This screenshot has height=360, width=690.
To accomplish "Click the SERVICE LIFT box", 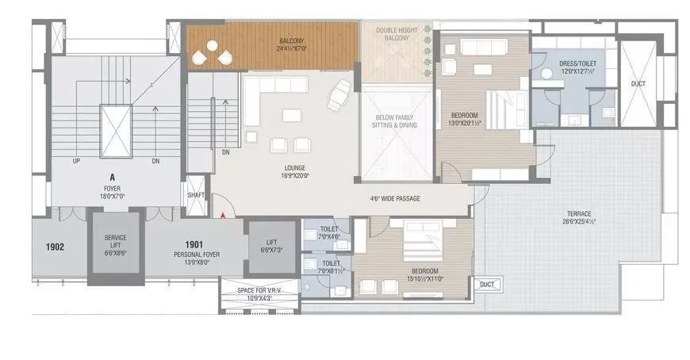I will pyautogui.click(x=116, y=247).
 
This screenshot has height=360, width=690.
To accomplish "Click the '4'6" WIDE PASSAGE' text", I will pyautogui.click(x=394, y=199).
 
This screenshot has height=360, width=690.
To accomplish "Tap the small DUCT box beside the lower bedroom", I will pyautogui.click(x=488, y=283).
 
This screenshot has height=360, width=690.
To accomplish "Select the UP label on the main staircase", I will pyautogui.click(x=76, y=160).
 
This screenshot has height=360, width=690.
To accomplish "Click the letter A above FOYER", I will pyautogui.click(x=111, y=179).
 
